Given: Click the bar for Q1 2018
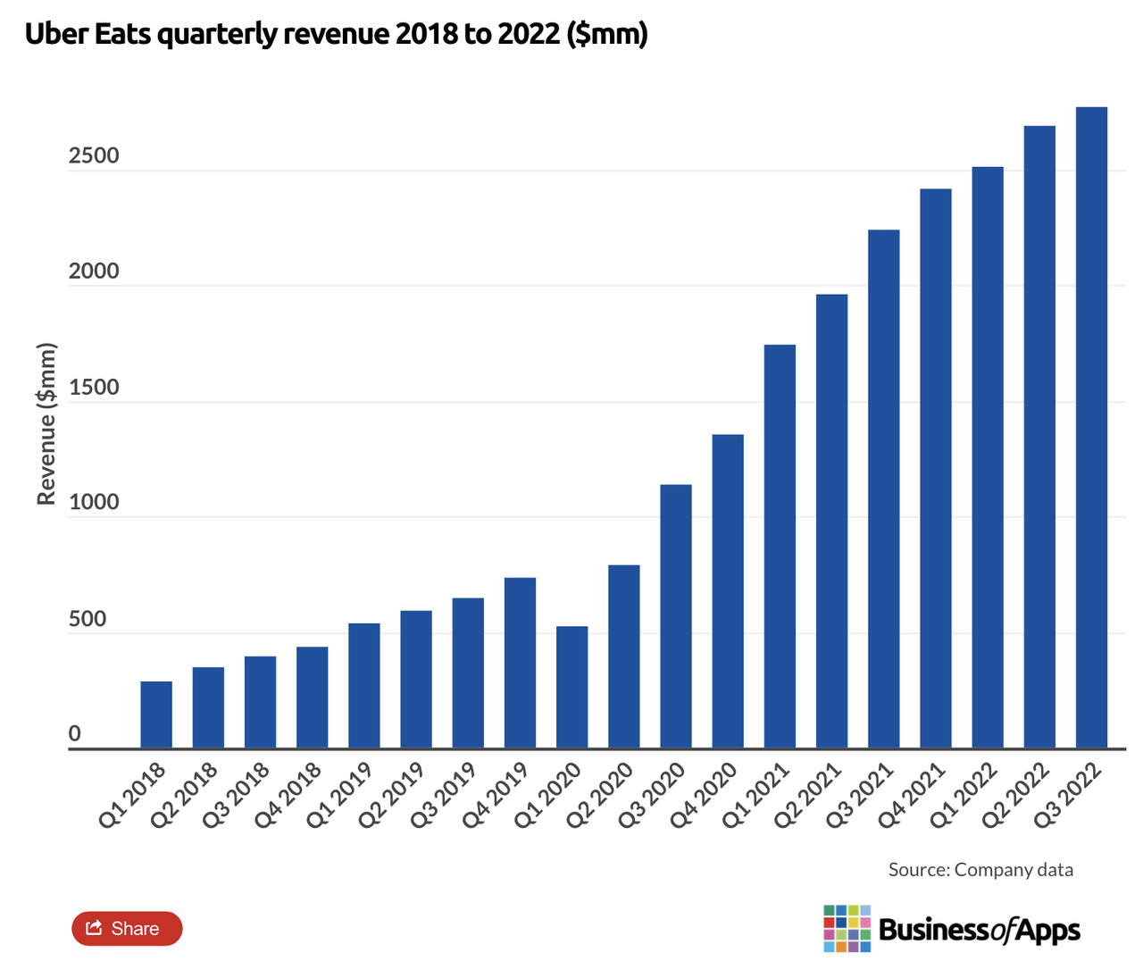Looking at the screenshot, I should pyautogui.click(x=156, y=715).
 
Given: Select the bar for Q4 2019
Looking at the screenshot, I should pyautogui.click(x=520, y=663).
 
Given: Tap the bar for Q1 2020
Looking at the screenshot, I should pyautogui.click(x=571, y=687).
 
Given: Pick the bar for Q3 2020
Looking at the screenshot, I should pyautogui.click(x=676, y=616).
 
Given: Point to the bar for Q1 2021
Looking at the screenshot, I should pyautogui.click(x=780, y=547).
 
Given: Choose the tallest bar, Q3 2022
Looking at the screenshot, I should pyautogui.click(x=1091, y=428).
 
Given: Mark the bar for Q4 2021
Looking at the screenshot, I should pyautogui.click(x=936, y=469).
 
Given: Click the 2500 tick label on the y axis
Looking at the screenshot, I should pyautogui.click(x=94, y=156).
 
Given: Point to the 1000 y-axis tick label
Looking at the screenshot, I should pyautogui.click(x=94, y=503).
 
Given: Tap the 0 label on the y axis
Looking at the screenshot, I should pyautogui.click(x=75, y=734).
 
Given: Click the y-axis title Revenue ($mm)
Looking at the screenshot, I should pyautogui.click(x=46, y=424).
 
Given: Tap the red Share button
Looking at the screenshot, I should pyautogui.click(x=127, y=929).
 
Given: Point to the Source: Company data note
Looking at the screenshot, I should pyautogui.click(x=980, y=870).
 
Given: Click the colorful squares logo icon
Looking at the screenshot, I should pyautogui.click(x=847, y=929).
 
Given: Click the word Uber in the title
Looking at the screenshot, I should pyautogui.click(x=55, y=35).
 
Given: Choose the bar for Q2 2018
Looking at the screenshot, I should pyautogui.click(x=208, y=707).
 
